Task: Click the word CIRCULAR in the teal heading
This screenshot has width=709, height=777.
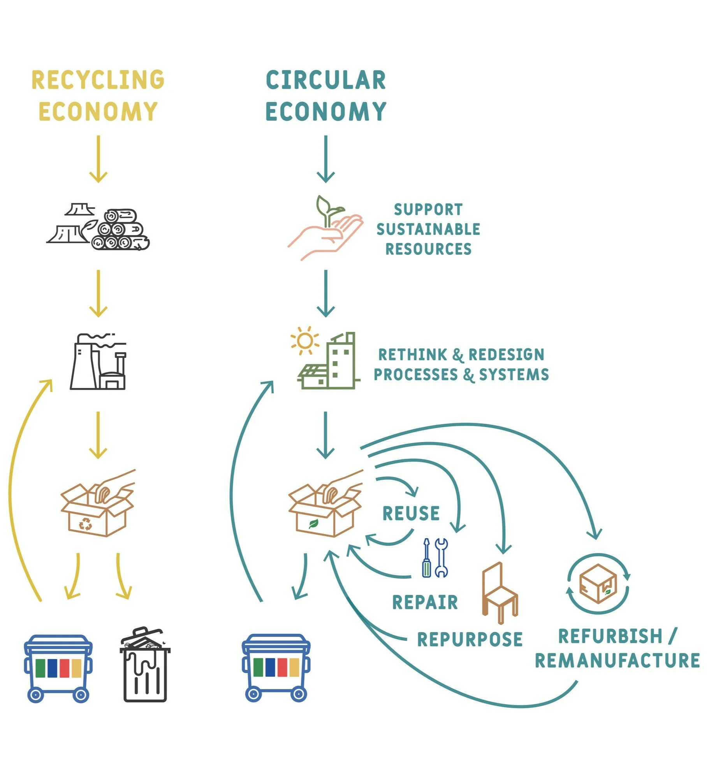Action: click(325, 80)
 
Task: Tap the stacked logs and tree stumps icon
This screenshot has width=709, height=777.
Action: click(99, 227)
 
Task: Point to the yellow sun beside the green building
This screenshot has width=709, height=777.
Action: click(304, 341)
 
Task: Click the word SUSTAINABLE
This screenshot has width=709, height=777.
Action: click(428, 229)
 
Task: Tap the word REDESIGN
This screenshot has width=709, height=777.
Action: click(506, 355)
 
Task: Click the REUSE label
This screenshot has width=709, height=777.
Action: click(411, 513)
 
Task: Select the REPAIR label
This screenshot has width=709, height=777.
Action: click(425, 602)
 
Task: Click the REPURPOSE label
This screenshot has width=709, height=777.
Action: click(470, 639)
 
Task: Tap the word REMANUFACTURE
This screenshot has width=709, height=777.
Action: click(617, 661)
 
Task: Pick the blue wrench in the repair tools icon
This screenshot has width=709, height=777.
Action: click(441, 558)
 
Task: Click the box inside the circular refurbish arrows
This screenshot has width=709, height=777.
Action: click(598, 584)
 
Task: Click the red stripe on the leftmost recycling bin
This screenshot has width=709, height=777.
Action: click(65, 668)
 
